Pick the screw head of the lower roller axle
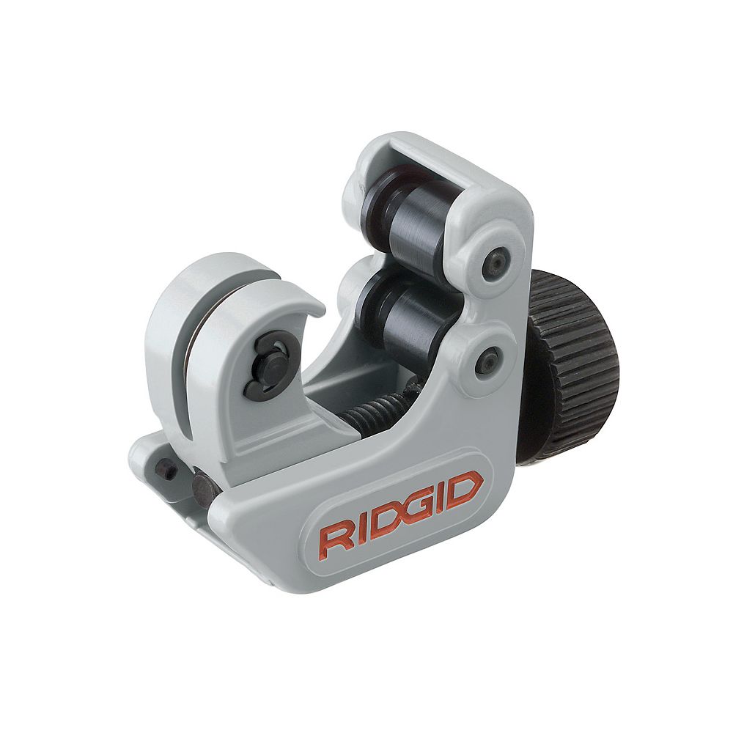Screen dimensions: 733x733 487,360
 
